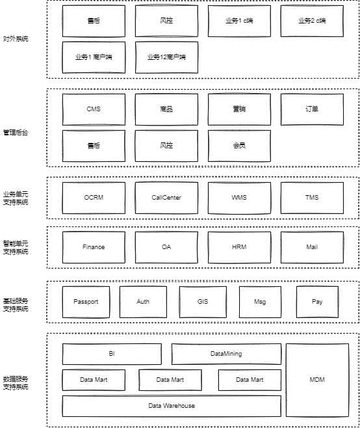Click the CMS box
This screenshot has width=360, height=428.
(94, 109)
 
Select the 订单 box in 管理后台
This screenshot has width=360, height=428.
(312, 109)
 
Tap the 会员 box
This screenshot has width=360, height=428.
(239, 146)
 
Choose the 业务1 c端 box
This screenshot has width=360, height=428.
(239, 21)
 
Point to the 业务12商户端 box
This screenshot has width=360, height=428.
(166, 57)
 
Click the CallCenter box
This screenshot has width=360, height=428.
(166, 198)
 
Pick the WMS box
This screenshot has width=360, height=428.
(239, 198)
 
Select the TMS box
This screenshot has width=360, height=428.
(312, 198)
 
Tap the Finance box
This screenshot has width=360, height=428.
(94, 247)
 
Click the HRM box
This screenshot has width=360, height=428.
(239, 247)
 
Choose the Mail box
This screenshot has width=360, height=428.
(312, 247)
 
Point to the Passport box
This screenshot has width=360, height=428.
(86, 302)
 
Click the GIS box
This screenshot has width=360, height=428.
(203, 302)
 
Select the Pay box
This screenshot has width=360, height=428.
(317, 302)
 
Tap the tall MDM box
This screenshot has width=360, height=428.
(317, 380)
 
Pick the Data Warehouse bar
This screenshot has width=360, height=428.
(172, 406)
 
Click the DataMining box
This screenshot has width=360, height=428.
(226, 354)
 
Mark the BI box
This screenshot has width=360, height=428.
(112, 354)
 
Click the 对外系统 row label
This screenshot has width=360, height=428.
(16, 39)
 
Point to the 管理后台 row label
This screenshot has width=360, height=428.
(16, 132)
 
